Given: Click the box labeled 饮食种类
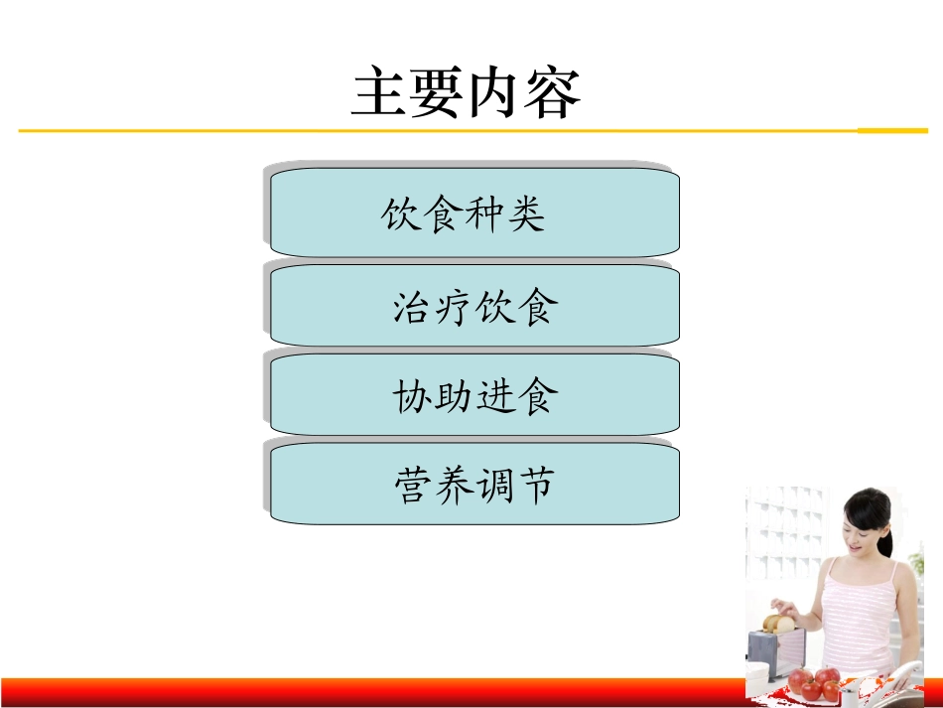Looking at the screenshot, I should [x=474, y=212].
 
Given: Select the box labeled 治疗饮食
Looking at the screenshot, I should [x=474, y=306].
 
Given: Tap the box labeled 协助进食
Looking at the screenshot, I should [x=474, y=395].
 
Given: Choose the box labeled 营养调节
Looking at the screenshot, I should [x=474, y=485].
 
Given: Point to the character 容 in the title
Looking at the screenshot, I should [x=552, y=94].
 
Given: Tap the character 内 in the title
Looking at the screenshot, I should [x=494, y=94].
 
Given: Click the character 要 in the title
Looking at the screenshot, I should [x=437, y=94].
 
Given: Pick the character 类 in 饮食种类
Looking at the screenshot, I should [x=525, y=213].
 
